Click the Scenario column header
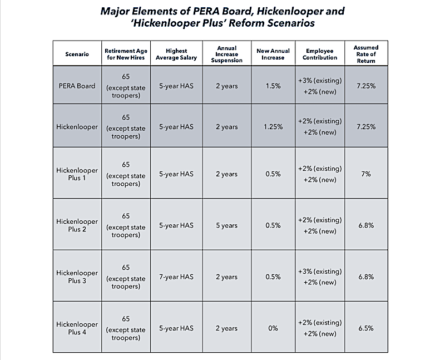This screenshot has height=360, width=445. [76, 53]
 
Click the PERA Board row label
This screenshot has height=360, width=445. [77, 86]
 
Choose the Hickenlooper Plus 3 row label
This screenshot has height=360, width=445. [77, 277]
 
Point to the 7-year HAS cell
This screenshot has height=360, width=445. [176, 277]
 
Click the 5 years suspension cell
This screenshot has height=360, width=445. [226, 225]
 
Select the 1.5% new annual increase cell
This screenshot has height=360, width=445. [273, 86]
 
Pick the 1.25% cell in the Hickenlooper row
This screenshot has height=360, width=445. [273, 127]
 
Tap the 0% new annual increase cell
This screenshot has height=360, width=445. [273, 328]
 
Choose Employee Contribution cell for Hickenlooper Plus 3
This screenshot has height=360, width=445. [320, 277]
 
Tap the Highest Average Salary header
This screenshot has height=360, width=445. [176, 53]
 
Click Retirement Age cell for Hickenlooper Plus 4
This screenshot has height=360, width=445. [126, 328]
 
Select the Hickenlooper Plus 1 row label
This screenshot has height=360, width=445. [77, 174]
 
